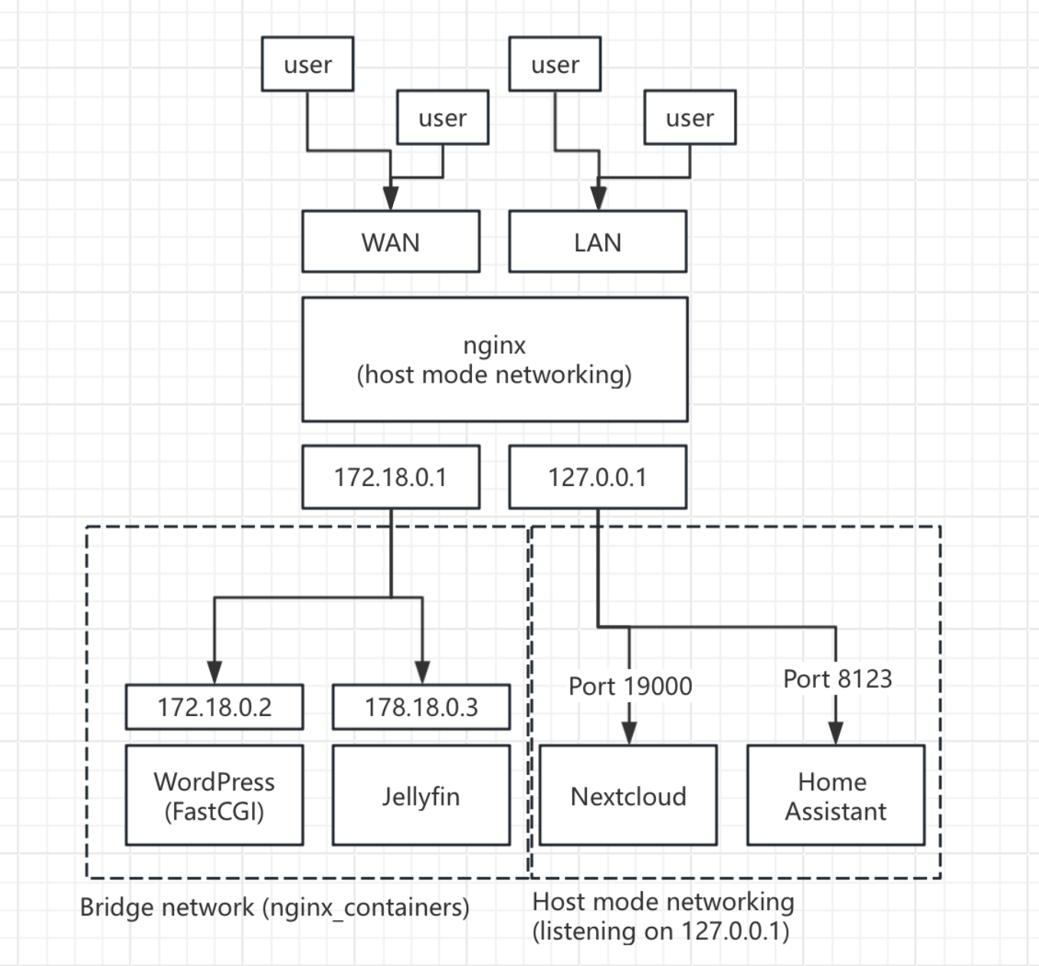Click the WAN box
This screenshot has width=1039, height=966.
391,242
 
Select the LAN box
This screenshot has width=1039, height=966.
598,242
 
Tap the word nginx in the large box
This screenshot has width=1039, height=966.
494,345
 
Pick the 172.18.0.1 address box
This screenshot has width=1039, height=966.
391,477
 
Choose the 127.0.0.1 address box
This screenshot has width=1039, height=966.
598,477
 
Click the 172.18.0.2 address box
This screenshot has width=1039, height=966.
215,707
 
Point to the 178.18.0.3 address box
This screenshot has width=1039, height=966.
421,707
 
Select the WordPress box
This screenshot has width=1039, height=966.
215,782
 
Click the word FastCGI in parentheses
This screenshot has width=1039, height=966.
215,811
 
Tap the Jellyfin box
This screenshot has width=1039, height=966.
421,796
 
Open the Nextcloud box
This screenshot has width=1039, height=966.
628,796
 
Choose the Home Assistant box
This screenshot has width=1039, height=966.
835,796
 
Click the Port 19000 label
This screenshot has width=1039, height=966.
630,685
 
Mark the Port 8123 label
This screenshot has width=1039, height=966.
837,678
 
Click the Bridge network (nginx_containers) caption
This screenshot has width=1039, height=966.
274,907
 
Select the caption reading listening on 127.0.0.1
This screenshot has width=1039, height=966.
660,932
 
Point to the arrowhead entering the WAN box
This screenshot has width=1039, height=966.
391,198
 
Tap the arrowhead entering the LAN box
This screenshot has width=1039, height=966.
598,198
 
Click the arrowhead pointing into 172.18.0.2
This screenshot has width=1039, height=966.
215,672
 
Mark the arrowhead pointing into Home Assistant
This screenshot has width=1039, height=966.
836,732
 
